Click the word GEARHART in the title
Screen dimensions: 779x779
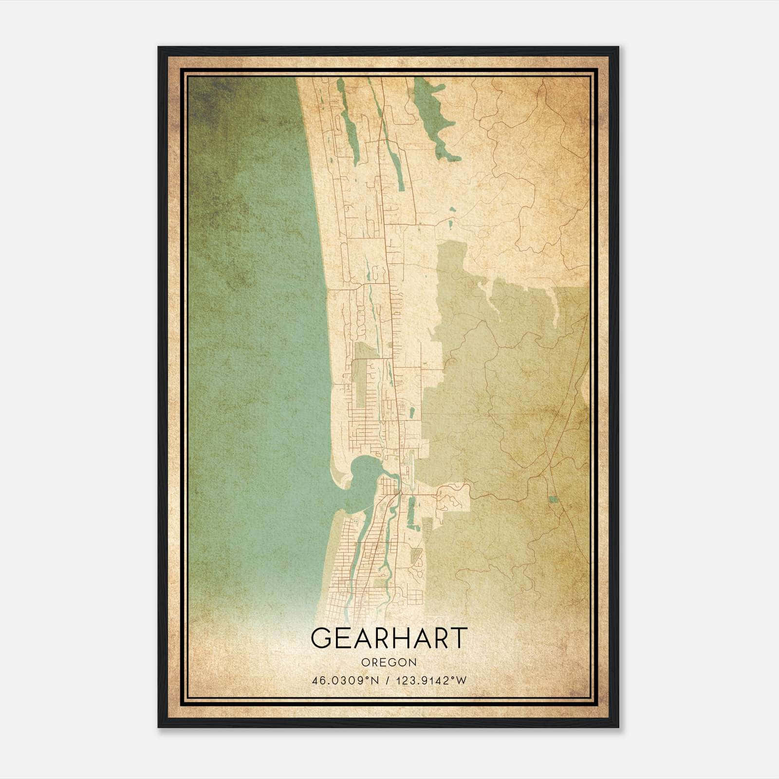click(389, 638)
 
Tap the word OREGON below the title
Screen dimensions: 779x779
click(389, 662)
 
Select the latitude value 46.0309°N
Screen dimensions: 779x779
click(345, 681)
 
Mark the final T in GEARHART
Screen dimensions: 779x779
click(458, 638)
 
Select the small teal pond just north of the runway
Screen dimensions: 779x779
click(412, 413)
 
